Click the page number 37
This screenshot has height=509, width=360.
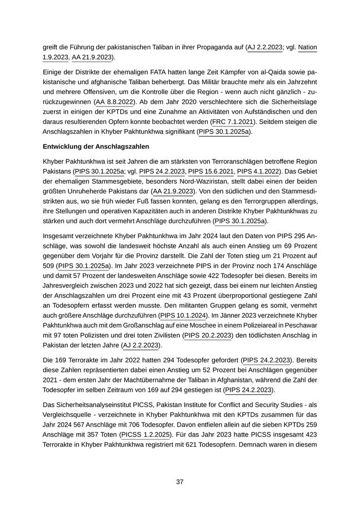[180, 482]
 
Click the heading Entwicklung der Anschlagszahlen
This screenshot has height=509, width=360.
[96, 147]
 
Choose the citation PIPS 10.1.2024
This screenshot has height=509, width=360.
[183, 315]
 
